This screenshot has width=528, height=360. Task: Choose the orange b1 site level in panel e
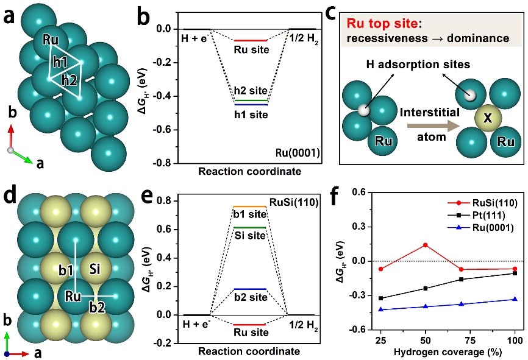[x=250, y=206]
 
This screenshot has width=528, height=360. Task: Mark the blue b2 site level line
[x=250, y=289]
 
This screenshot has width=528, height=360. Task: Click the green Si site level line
[x=250, y=227]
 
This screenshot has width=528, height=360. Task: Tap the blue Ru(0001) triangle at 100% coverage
[x=515, y=299]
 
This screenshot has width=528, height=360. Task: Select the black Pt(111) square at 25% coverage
[x=380, y=298]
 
